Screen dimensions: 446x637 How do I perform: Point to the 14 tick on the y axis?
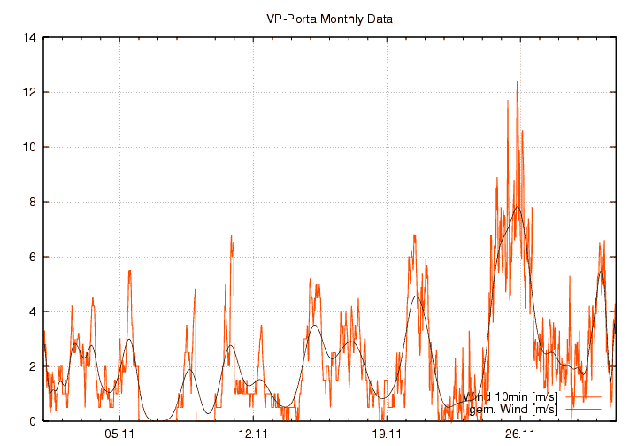pyautogui.click(x=30, y=38)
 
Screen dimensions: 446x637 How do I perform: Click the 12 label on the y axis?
pyautogui.click(x=30, y=93)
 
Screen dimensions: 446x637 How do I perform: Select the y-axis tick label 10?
pyautogui.click(x=30, y=148)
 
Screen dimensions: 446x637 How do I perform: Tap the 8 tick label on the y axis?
pyautogui.click(x=33, y=203)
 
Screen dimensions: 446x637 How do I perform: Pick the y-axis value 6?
pyautogui.click(x=33, y=258)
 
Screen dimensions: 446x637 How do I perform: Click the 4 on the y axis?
pyautogui.click(x=33, y=312)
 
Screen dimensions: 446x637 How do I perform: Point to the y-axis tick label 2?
pyautogui.click(x=33, y=367)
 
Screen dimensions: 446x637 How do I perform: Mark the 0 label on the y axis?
pyautogui.click(x=33, y=422)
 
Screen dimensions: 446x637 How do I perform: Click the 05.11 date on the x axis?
pyautogui.click(x=119, y=434)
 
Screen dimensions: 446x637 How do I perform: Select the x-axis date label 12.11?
pyautogui.click(x=253, y=434)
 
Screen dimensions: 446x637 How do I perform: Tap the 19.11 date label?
pyautogui.click(x=387, y=434)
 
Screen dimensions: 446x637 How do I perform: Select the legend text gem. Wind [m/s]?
pyautogui.click(x=513, y=409)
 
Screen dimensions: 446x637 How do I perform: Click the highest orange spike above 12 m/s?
pyautogui.click(x=517, y=82)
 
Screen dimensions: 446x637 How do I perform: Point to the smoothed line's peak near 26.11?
pyautogui.click(x=517, y=207)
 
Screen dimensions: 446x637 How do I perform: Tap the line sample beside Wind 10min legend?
pyautogui.click(x=581, y=396)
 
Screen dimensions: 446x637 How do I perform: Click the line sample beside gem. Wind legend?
pyautogui.click(x=581, y=409)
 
